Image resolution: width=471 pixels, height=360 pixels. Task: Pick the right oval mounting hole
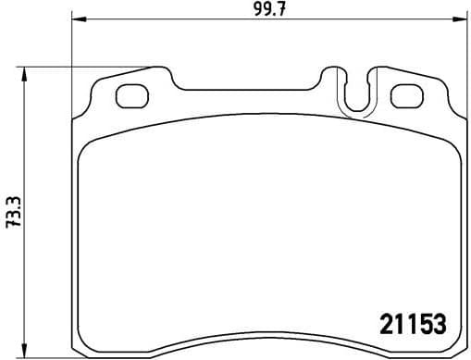pyautogui.click(x=406, y=94)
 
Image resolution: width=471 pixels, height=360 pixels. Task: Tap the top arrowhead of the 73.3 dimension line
pyautogui.click(x=29, y=70)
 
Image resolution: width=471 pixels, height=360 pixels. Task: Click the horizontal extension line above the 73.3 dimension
pyautogui.click(x=93, y=66)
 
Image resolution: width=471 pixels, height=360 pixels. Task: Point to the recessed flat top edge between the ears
pyautogui.click(x=250, y=90)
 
